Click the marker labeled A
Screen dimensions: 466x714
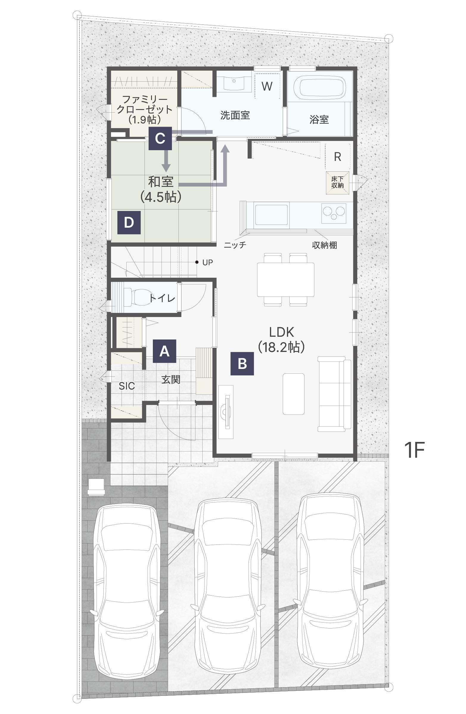click(x=164, y=351)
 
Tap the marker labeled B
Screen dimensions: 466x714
click(x=242, y=363)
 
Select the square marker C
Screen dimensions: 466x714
click(x=160, y=138)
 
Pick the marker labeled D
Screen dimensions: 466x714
click(x=129, y=222)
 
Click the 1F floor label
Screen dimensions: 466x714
click(x=414, y=450)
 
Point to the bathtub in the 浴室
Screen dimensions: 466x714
click(x=319, y=87)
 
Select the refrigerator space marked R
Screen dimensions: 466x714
click(x=337, y=156)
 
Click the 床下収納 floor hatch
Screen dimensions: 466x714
click(x=338, y=182)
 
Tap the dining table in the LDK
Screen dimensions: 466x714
click(x=285, y=279)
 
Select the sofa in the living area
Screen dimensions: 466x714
click(x=334, y=394)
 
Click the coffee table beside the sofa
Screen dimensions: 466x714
click(x=293, y=394)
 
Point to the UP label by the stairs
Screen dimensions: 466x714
click(x=207, y=263)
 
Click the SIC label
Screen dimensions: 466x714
click(x=127, y=386)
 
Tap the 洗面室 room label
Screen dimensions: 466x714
click(x=235, y=115)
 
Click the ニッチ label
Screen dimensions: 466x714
click(x=235, y=245)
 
